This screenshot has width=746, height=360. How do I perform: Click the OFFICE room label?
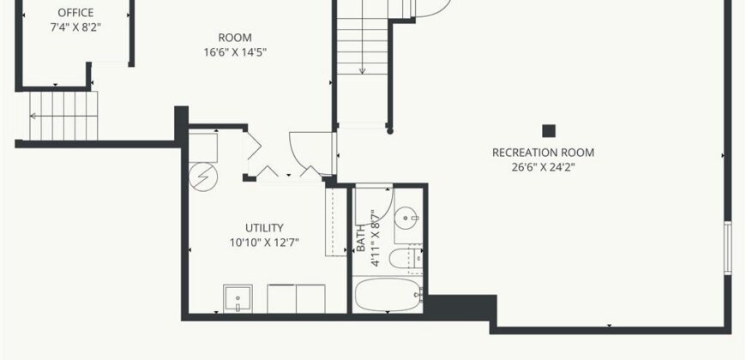tap(75, 13)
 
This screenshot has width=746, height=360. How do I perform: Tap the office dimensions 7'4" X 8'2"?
tap(75, 27)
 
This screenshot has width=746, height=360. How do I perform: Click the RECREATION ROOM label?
tap(543, 153)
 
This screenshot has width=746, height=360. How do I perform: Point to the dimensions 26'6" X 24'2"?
tap(543, 167)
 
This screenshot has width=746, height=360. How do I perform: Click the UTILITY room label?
tap(264, 227)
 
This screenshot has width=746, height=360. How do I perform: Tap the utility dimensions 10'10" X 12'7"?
tap(264, 243)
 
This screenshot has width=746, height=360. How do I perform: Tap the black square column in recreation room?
tap(549, 131)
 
